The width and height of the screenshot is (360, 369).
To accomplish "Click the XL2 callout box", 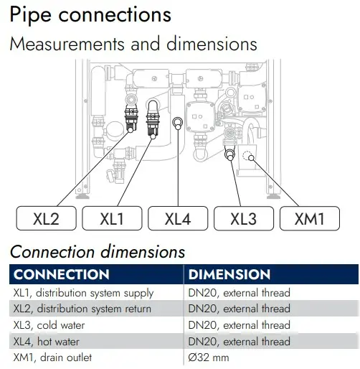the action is tap(46, 218).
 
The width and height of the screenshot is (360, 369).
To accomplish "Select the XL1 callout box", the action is tap(112, 218).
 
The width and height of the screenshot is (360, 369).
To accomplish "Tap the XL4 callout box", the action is tap(178, 218).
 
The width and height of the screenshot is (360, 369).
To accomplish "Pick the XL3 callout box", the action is tap(244, 218).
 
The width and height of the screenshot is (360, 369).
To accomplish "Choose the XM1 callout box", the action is tap(310, 218).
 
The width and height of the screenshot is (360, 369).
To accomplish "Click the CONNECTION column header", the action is tap(62, 274).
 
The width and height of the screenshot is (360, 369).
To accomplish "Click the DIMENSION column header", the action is tap(229, 274).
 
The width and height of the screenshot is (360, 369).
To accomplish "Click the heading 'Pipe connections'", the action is tap(90, 15).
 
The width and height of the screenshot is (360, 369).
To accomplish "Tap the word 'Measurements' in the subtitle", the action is tap(67, 44).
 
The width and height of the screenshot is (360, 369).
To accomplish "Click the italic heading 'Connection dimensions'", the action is tap(98, 252).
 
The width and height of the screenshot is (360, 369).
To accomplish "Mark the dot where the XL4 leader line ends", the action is tap(178, 127).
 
